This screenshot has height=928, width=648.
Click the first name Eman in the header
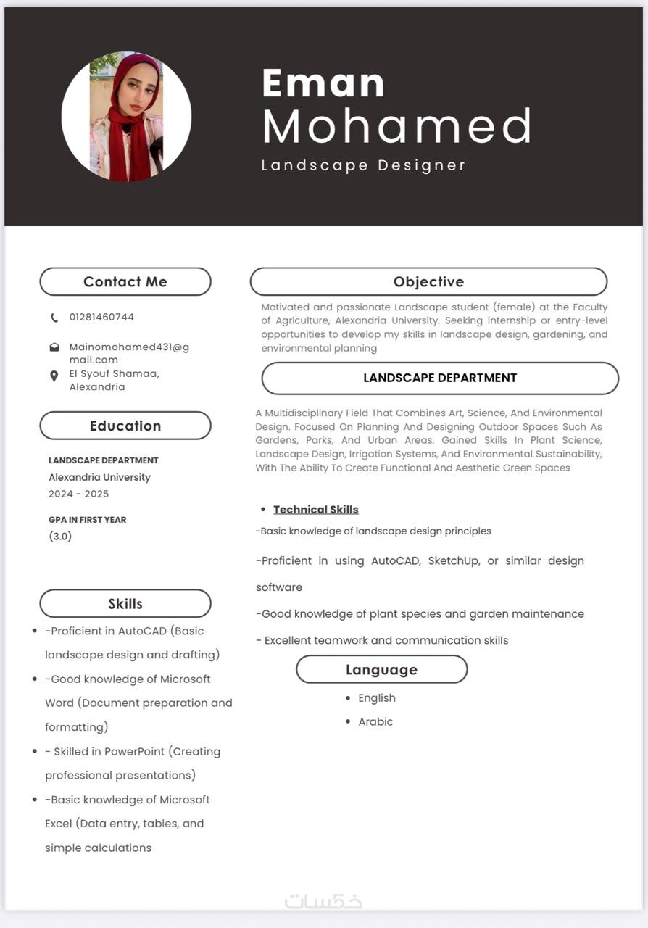click(x=323, y=83)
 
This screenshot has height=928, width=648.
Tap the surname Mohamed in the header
click(x=396, y=126)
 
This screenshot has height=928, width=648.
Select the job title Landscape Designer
click(x=363, y=165)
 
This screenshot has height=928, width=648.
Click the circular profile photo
click(x=126, y=117)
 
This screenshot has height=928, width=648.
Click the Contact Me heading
click(x=125, y=282)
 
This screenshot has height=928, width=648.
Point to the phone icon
click(x=54, y=318)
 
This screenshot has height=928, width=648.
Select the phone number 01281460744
click(x=101, y=317)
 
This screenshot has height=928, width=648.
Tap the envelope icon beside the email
click(x=54, y=347)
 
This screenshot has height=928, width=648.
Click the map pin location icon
click(x=54, y=376)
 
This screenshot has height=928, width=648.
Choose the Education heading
click(x=125, y=426)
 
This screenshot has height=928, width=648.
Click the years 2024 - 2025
click(x=78, y=494)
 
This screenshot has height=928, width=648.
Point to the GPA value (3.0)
click(x=60, y=536)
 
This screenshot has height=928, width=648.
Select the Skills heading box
click(x=125, y=604)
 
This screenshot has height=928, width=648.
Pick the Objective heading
click(x=428, y=282)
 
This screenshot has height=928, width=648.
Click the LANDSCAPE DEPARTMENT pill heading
click(x=440, y=378)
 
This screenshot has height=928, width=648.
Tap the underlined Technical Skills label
click(x=316, y=510)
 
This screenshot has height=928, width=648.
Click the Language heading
click(x=381, y=670)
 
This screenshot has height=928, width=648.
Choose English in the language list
click(x=377, y=698)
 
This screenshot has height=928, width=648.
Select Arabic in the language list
click(x=375, y=722)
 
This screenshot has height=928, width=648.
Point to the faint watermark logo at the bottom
click(x=323, y=901)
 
